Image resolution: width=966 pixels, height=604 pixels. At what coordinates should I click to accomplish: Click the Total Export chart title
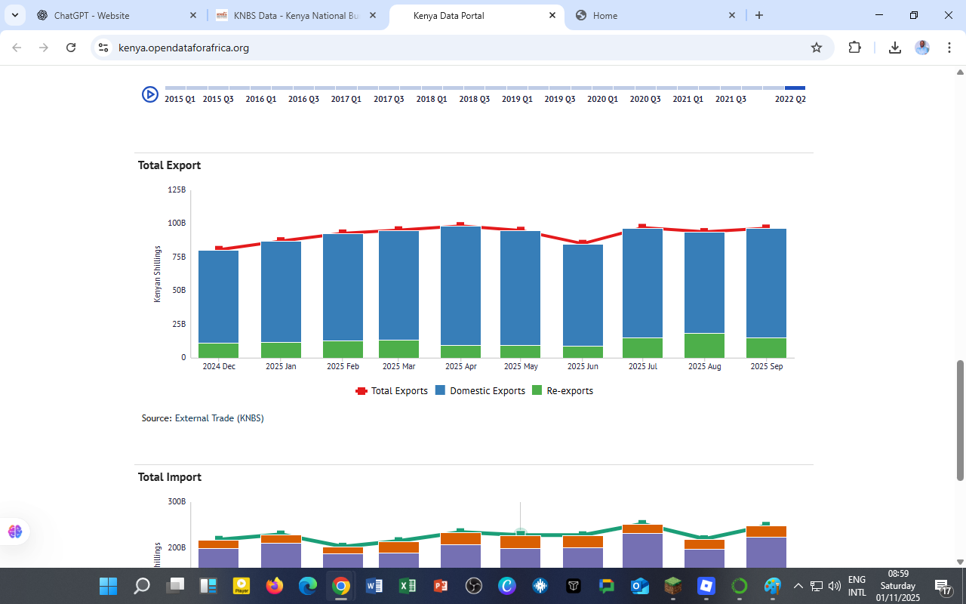coord(169,165)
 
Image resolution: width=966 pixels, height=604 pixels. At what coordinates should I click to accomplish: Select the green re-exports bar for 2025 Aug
coord(704,345)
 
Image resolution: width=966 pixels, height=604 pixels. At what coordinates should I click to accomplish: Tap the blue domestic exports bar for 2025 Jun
coord(583,294)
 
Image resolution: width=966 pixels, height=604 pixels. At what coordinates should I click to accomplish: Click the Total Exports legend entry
coord(392,391)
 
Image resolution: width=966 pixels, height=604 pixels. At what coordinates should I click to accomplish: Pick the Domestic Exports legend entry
coord(480,391)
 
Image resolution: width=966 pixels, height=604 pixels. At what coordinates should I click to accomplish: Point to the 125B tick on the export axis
coord(177,190)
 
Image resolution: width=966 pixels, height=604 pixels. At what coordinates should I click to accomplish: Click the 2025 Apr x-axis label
coord(460,367)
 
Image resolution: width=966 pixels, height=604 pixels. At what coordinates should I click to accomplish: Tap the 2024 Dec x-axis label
coord(219,367)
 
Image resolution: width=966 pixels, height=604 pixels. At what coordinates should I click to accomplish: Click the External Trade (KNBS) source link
coord(219,418)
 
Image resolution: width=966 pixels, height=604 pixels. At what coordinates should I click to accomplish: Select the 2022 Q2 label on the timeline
coord(790,99)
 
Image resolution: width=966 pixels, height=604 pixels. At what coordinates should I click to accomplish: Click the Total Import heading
coord(169,477)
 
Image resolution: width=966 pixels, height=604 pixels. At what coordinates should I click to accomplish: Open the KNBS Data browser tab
coord(296,16)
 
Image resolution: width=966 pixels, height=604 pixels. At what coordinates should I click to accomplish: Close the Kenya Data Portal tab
coord(552,15)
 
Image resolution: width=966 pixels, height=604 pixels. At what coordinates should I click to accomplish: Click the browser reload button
coord(71,48)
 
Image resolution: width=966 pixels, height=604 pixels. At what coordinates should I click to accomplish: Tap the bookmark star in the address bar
coord(816,48)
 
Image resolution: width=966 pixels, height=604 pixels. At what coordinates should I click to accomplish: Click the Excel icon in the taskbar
coord(408,586)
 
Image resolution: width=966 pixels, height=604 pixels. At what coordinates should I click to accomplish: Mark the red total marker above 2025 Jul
coord(642,226)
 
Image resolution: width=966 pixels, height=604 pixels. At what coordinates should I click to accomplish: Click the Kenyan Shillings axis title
coord(158,274)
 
